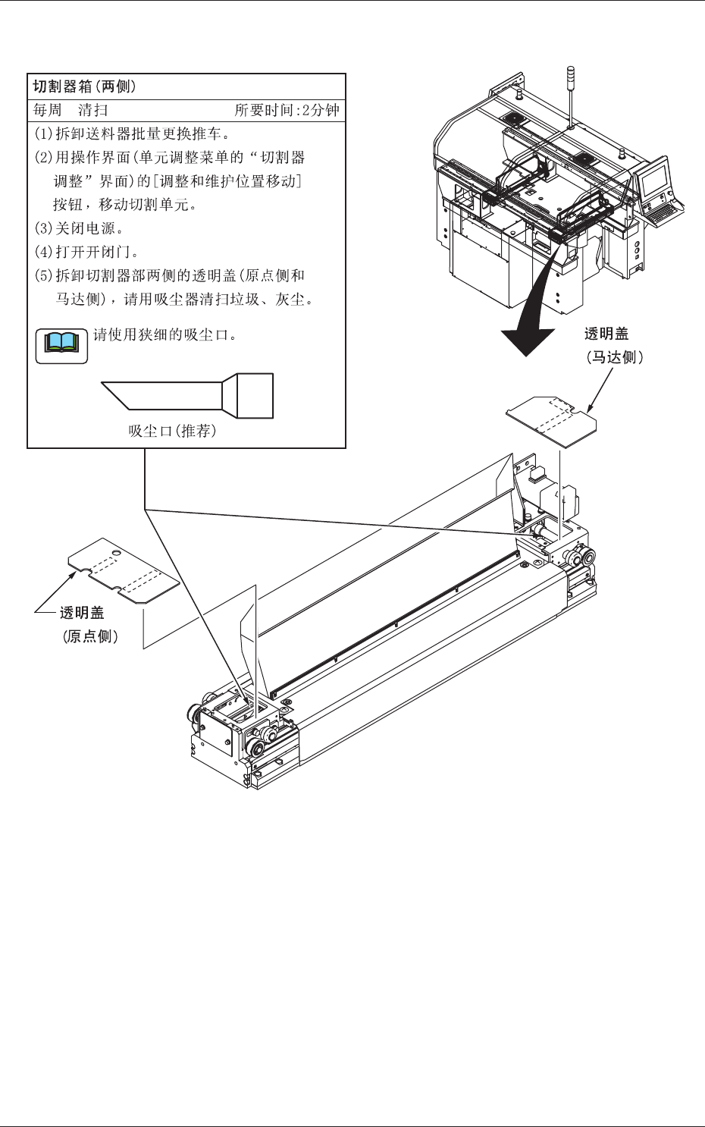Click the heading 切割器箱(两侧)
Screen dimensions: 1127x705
click(85, 86)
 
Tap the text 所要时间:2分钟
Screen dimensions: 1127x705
click(287, 110)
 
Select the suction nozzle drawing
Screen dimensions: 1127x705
click(187, 395)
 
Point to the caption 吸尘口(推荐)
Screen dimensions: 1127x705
click(172, 432)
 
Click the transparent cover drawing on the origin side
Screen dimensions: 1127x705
click(123, 570)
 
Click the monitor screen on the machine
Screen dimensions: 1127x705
click(654, 179)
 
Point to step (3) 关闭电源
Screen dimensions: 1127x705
click(79, 228)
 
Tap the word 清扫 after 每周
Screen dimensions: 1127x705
click(92, 110)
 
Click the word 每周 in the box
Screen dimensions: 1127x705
click(47, 110)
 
